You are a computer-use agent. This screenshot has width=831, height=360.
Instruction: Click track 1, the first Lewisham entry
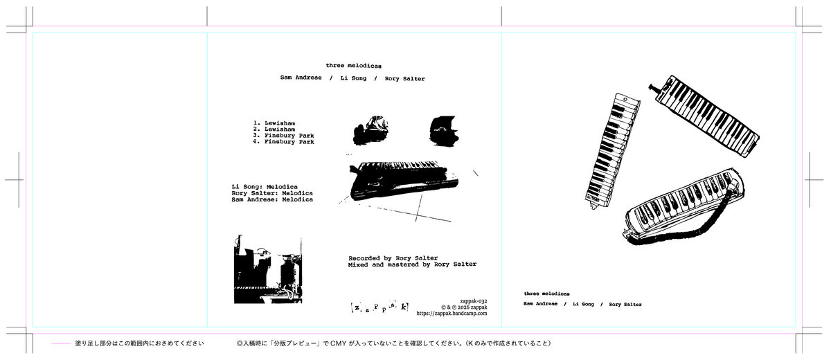pos(274,123)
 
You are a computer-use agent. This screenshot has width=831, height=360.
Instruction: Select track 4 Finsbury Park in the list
pos(283,142)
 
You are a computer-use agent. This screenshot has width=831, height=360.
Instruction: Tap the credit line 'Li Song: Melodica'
pos(265,187)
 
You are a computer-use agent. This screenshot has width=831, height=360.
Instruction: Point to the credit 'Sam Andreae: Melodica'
pos(272,199)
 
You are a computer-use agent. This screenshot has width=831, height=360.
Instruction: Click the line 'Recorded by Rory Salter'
pos(393,258)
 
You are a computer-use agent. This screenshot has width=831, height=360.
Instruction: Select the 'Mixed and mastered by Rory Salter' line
pos(412,264)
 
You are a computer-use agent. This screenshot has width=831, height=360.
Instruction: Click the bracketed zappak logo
pos(379,307)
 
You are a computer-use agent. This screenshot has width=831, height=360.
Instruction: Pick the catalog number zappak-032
pos(474,301)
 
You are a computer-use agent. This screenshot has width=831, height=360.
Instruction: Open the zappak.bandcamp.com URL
pos(452,314)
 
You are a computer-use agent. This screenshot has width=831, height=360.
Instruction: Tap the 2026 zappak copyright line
pos(464,307)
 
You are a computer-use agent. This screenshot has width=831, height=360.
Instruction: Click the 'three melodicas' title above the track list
pos(354,66)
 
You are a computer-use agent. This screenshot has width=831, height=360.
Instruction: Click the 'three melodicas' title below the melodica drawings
pos(547,294)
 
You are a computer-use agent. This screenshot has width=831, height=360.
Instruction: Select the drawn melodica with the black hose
pos(683,207)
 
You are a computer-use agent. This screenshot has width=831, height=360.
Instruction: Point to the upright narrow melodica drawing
pos(612,150)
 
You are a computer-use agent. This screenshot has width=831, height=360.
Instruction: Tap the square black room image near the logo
pos(268,269)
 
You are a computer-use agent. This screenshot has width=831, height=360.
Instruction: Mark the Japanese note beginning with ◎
pos(393,343)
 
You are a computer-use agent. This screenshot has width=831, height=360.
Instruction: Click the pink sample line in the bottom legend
pos(61,343)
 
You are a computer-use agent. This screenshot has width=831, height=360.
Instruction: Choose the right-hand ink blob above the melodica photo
pos(444,131)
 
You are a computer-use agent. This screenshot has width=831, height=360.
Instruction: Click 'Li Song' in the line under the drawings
pos(583,305)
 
